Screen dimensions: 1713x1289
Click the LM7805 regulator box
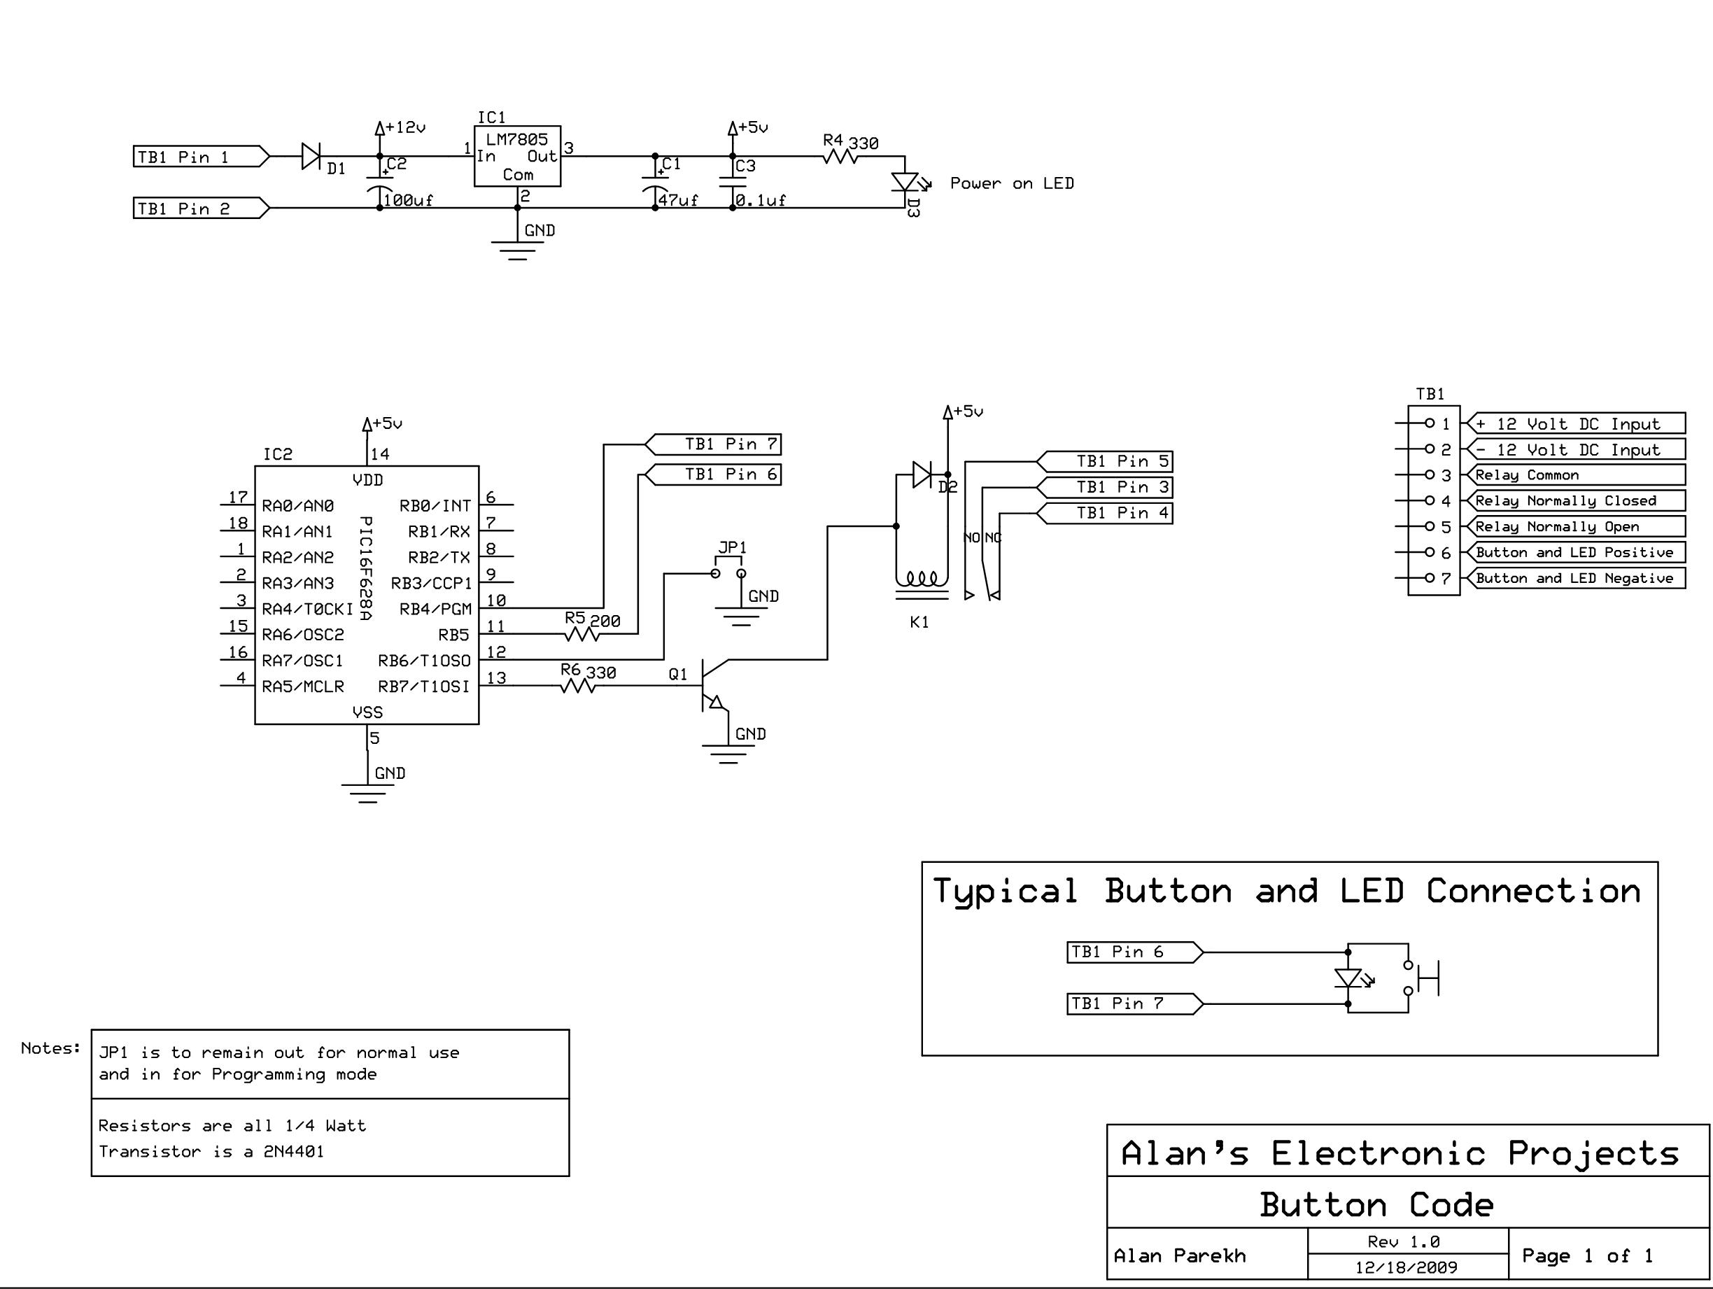click(x=517, y=157)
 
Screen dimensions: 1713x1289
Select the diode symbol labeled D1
click(x=311, y=157)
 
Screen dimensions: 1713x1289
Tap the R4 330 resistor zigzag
click(x=840, y=157)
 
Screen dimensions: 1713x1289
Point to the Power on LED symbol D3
click(x=905, y=182)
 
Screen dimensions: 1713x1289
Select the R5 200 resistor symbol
click(x=582, y=635)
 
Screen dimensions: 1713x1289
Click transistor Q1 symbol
click(x=713, y=685)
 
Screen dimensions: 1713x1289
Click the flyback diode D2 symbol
click(x=922, y=474)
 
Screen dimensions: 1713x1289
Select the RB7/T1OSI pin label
click(x=423, y=686)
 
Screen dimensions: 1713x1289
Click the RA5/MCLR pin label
click(x=303, y=686)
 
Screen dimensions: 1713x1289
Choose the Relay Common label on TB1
click(x=1526, y=475)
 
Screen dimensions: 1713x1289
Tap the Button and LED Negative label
click(x=1574, y=578)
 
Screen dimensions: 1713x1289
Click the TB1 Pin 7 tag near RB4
click(x=712, y=444)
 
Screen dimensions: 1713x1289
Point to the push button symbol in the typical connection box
click(x=1423, y=978)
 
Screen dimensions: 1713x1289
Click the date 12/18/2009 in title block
click(x=1406, y=1267)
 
